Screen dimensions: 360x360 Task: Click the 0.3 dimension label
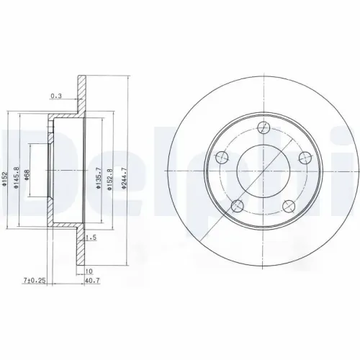point(55,95)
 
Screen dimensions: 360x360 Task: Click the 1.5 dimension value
point(91,238)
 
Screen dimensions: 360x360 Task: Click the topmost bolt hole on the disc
point(264,128)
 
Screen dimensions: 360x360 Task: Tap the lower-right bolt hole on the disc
point(289,204)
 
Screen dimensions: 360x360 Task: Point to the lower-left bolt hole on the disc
point(236,206)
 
